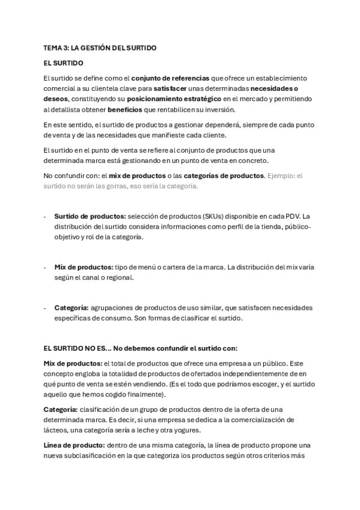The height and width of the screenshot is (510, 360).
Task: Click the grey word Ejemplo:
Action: tap(281, 176)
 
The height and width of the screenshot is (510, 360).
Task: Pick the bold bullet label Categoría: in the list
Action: tap(72, 308)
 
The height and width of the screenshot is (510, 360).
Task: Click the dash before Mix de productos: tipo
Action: tap(46, 267)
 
